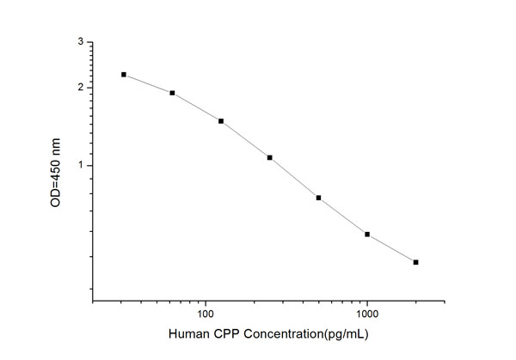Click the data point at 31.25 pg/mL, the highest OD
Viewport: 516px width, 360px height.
tap(124, 75)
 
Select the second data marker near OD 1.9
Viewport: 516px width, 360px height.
tap(172, 93)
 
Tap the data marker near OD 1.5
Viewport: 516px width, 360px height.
tap(221, 121)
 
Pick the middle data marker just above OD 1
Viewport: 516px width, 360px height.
tap(270, 157)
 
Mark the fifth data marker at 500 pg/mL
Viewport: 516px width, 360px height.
tap(318, 198)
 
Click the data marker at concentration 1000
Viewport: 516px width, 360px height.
tap(367, 234)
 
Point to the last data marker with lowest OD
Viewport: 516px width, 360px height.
tap(415, 262)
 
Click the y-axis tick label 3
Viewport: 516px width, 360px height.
tap(81, 42)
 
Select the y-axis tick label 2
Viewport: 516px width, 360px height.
tap(81, 88)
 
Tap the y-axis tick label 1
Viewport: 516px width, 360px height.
tap(81, 165)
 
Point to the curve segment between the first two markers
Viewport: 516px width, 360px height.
tap(148, 83)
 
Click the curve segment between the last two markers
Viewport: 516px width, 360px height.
tap(391, 248)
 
